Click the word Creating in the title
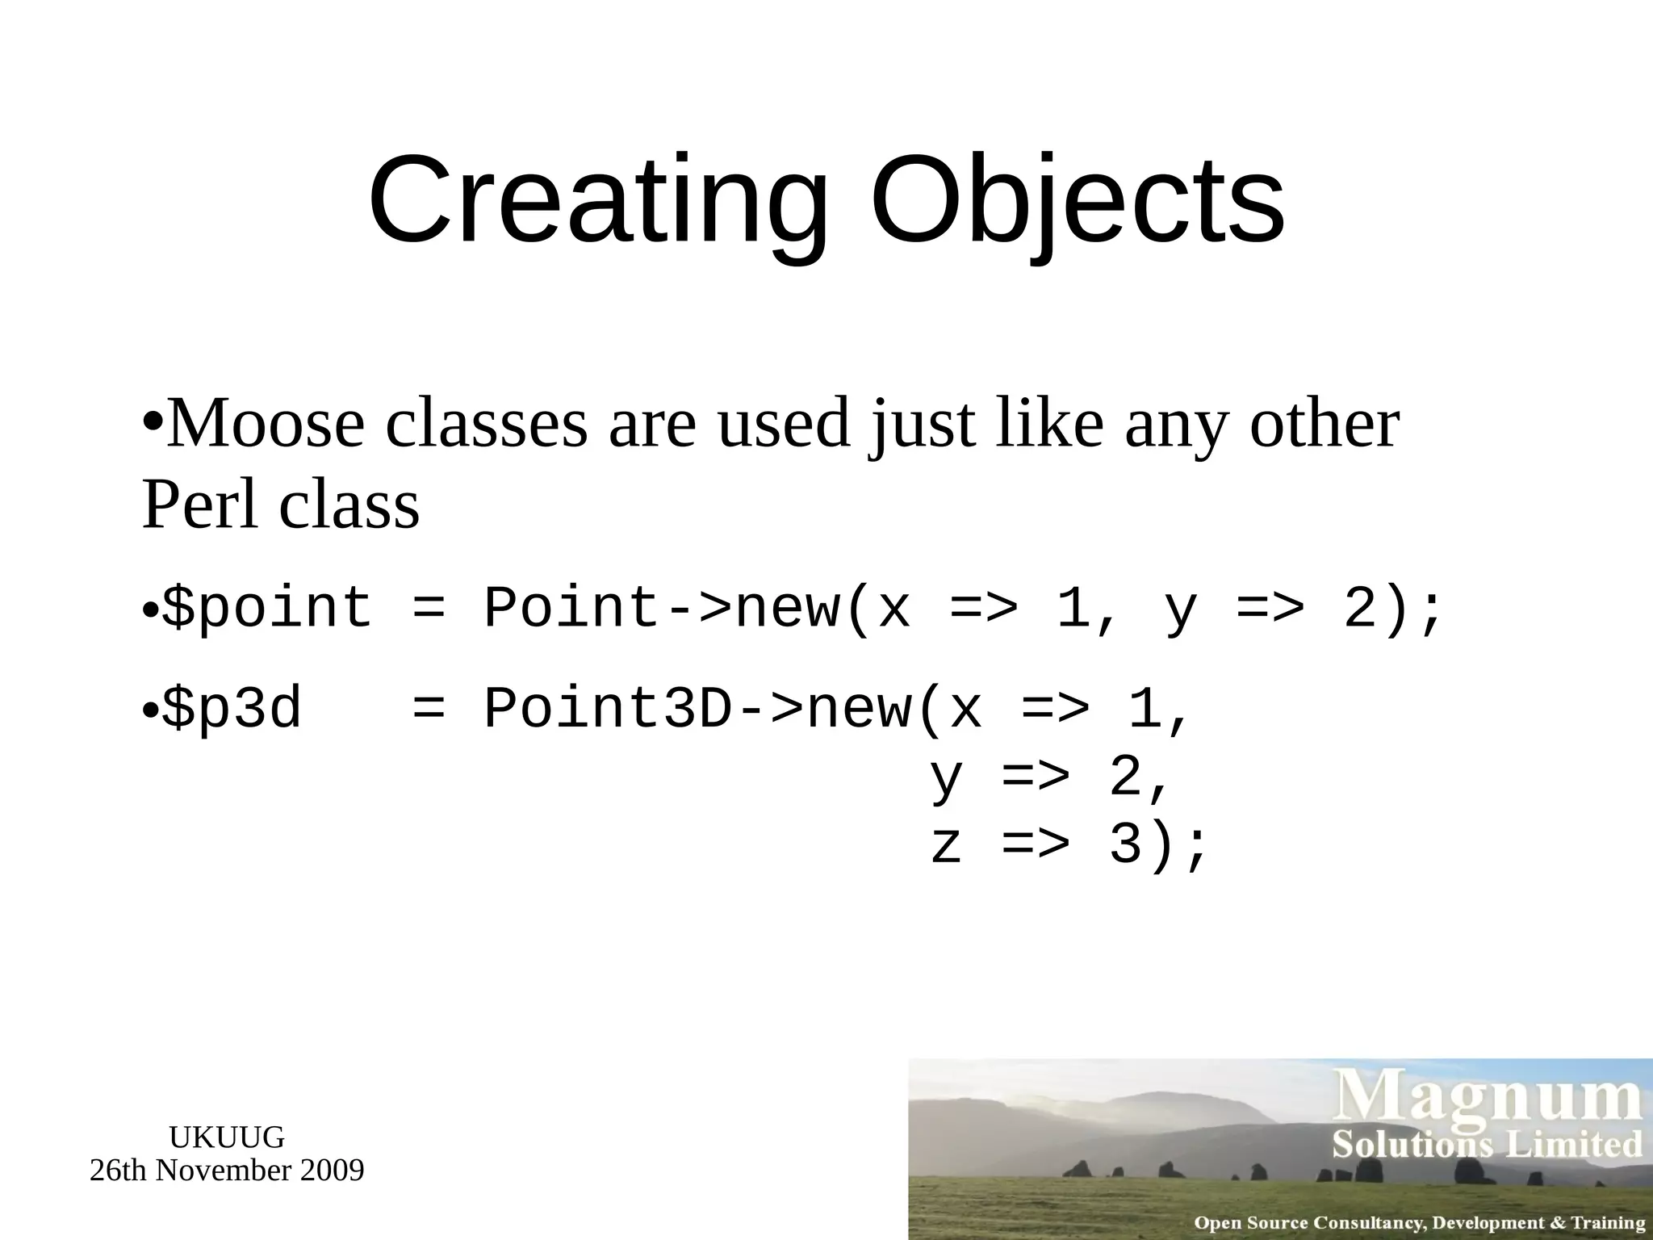[597, 202]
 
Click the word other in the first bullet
[1324, 425]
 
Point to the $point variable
[267, 609]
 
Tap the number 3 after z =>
[1125, 846]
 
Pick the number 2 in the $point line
[1360, 609]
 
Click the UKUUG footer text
[227, 1137]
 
